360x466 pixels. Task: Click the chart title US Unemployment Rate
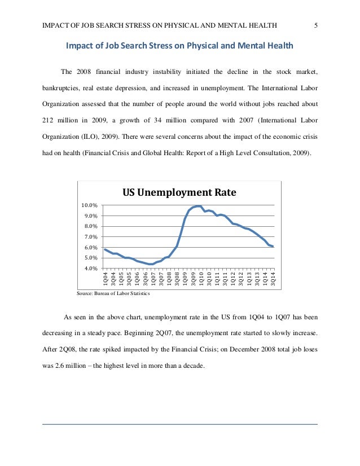coord(179,193)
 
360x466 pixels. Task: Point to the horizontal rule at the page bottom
coord(180,424)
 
